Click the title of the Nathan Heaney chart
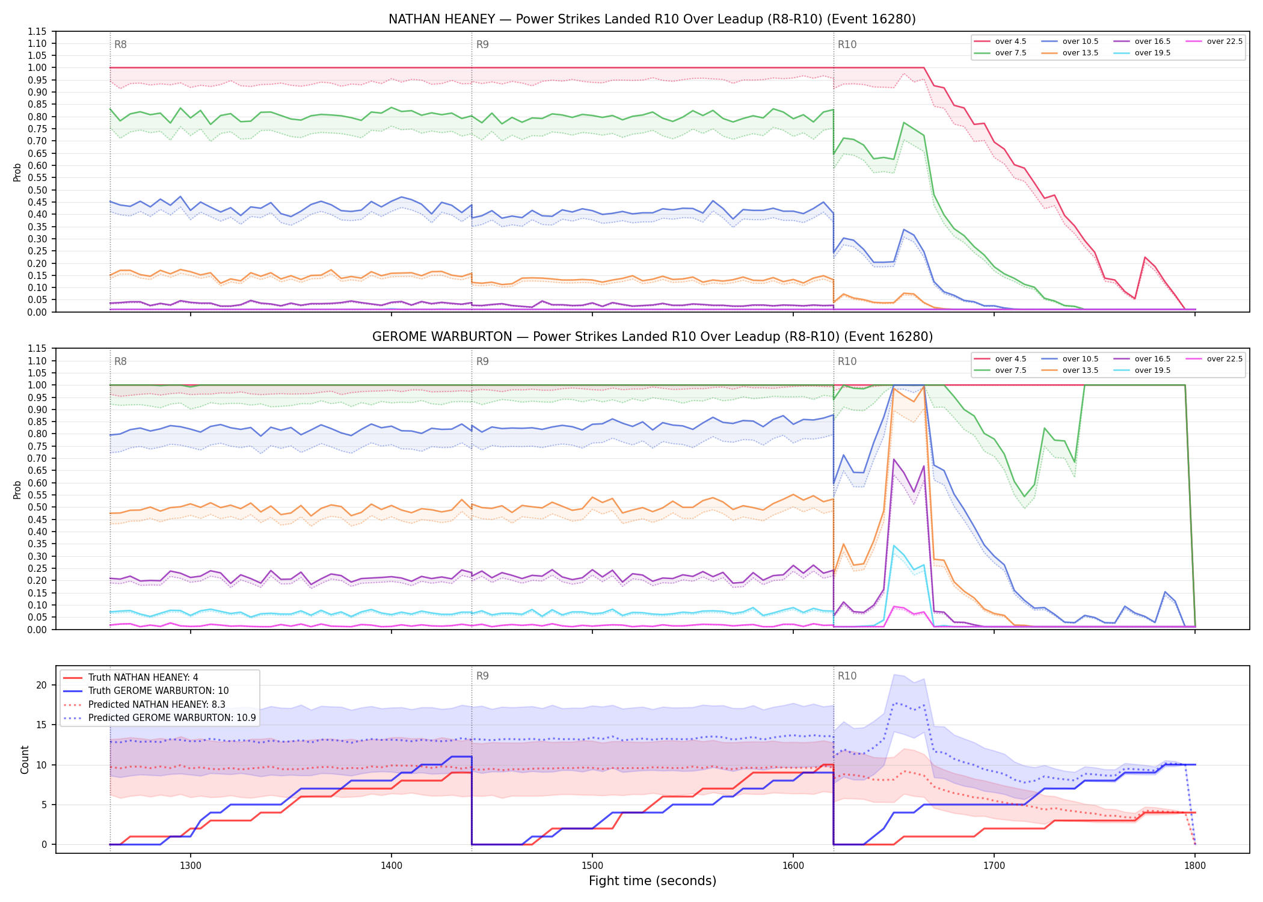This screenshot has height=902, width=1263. pyautogui.click(x=652, y=19)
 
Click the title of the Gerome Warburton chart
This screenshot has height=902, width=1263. pyautogui.click(x=653, y=337)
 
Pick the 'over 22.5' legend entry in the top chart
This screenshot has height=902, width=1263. pyautogui.click(x=1214, y=41)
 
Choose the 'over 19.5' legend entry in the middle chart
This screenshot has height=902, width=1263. pyautogui.click(x=1142, y=370)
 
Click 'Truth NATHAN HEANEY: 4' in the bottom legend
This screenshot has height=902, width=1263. pyautogui.click(x=131, y=678)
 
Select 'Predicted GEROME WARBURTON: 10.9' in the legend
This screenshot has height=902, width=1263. pyautogui.click(x=159, y=718)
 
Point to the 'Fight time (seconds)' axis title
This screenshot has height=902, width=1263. pyautogui.click(x=653, y=881)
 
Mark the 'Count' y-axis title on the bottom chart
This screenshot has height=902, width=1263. pyautogui.click(x=25, y=759)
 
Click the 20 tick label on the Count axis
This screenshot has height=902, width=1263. pyautogui.click(x=41, y=686)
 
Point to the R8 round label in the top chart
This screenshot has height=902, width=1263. pyautogui.click(x=120, y=44)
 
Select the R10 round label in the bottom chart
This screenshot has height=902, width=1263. pyautogui.click(x=847, y=676)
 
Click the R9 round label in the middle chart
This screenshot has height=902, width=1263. pyautogui.click(x=482, y=361)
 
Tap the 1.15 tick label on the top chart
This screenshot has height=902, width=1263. pyautogui.click(x=37, y=31)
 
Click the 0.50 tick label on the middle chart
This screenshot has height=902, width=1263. pyautogui.click(x=37, y=508)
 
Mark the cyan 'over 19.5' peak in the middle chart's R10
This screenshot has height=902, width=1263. pyautogui.click(x=894, y=546)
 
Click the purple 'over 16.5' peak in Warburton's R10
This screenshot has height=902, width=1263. pyautogui.click(x=894, y=459)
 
